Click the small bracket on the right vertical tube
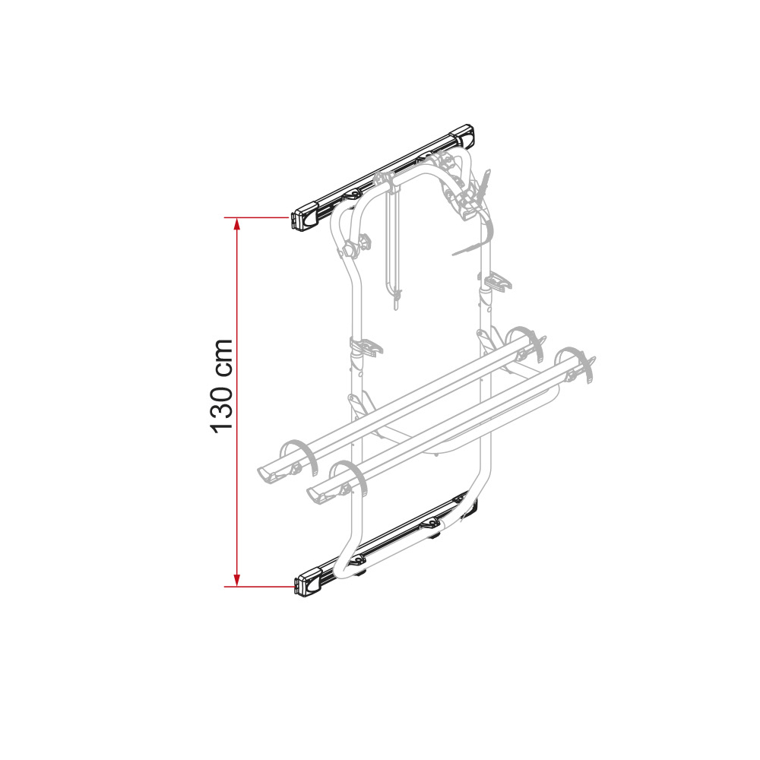496,283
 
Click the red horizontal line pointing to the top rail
258,218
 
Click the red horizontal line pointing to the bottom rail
258,586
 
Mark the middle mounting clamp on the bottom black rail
432,524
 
